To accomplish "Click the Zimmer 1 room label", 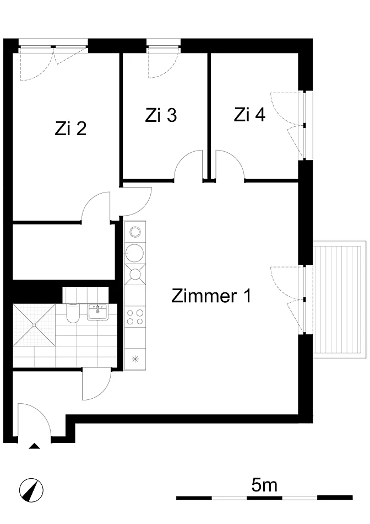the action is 211,296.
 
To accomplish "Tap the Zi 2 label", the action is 70,129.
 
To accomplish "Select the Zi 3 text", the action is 161,115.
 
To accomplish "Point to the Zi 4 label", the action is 249,115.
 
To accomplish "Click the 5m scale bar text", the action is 264,485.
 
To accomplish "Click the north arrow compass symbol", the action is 31,490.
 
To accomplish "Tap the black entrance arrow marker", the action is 34,446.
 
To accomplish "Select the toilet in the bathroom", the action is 73,313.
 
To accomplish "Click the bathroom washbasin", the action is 97,312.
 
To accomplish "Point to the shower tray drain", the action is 34,325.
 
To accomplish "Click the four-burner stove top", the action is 135,317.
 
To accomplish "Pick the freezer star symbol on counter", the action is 135,359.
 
